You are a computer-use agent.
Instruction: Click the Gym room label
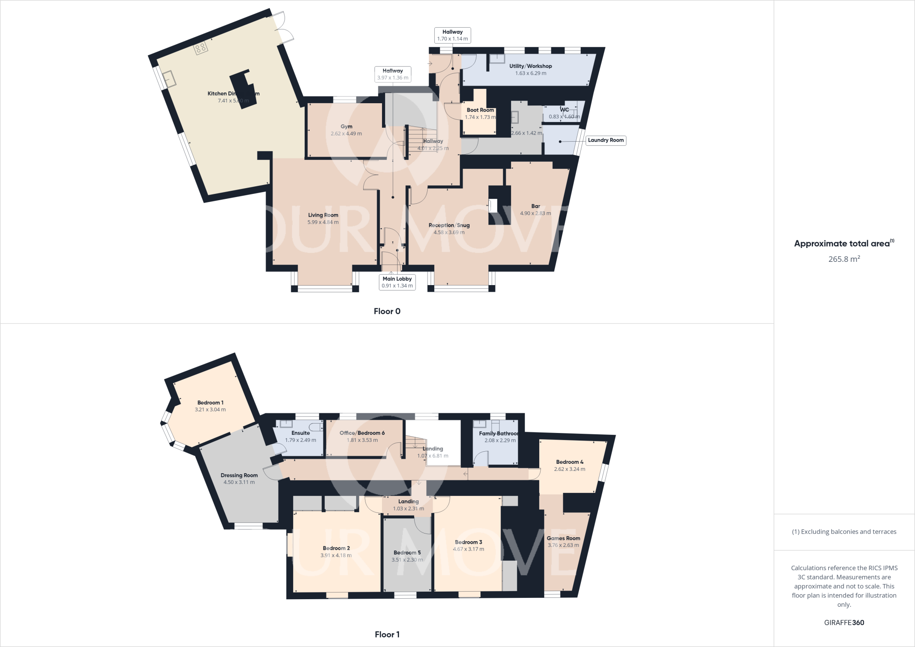coord(346,126)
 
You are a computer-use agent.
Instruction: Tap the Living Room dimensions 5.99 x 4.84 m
coord(323,222)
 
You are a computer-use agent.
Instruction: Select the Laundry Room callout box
coord(605,140)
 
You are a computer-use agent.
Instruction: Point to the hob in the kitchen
coord(200,48)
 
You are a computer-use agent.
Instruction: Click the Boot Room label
coord(480,110)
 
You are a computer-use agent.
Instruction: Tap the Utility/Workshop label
coord(530,66)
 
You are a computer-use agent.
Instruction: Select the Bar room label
coord(536,206)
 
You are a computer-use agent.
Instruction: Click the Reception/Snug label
coord(449,225)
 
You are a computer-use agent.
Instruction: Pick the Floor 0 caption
coord(387,311)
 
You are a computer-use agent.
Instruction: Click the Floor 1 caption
coord(387,634)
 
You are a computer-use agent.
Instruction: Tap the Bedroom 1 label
coord(210,403)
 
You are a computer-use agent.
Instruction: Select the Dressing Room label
coord(239,475)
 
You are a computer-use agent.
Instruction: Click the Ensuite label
coord(300,433)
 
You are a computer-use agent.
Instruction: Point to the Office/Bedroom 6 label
coord(362,433)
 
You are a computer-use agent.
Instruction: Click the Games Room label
coord(563,538)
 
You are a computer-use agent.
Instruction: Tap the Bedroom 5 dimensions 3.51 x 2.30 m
coord(407,560)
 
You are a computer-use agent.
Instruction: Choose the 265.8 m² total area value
coord(844,259)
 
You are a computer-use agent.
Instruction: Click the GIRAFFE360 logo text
coord(844,623)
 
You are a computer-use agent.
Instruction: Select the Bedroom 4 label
coord(570,462)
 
